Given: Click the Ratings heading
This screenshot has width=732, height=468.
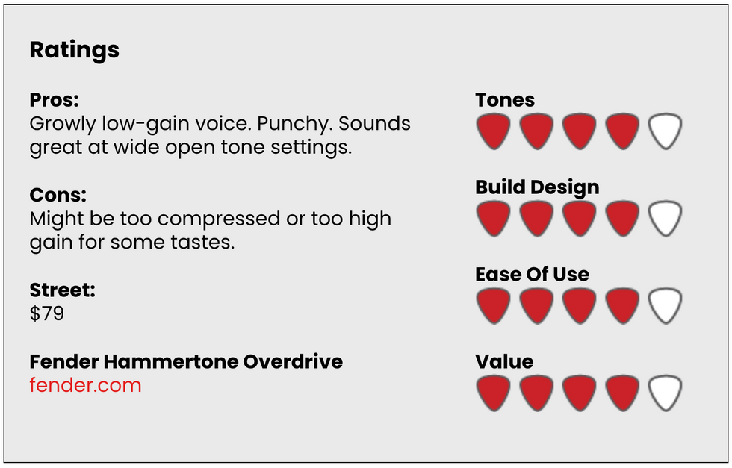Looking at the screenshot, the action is (x=74, y=51).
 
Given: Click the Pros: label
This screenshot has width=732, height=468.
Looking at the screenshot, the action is (x=54, y=100).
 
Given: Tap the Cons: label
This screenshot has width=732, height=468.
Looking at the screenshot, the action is (x=58, y=195).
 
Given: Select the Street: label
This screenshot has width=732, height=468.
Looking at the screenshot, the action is (x=62, y=290).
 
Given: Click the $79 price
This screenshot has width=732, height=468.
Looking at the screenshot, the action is (x=46, y=313).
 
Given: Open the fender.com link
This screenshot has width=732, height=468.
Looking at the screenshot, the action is (x=85, y=385).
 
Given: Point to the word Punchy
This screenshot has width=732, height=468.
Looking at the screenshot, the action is (x=294, y=124).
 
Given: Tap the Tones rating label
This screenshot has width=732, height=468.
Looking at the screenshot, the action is (x=505, y=100).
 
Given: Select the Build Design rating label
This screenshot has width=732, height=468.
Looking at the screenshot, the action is (x=537, y=187).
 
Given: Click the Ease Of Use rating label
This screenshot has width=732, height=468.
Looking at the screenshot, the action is (x=532, y=275).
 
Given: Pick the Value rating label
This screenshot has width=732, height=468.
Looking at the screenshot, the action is (x=504, y=361).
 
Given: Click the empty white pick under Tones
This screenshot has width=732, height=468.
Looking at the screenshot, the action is (x=666, y=131).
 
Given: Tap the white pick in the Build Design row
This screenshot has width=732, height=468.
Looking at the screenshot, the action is (x=666, y=218).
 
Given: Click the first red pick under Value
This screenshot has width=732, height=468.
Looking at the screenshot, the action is (x=494, y=393).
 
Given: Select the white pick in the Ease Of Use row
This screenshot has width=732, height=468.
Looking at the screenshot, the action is (x=666, y=305).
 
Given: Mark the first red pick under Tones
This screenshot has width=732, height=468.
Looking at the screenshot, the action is (x=494, y=131).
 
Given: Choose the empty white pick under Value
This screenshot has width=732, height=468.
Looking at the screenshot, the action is (x=666, y=393).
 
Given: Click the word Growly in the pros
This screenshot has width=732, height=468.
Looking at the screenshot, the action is (x=63, y=124).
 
